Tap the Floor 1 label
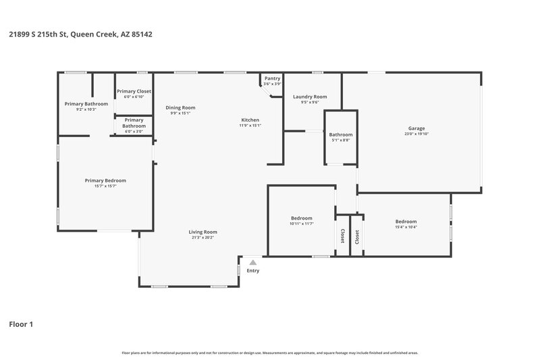pyautogui.click(x=21, y=324)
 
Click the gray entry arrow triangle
pyautogui.click(x=252, y=262)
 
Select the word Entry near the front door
pyautogui.click(x=252, y=271)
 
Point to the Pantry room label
pyautogui.click(x=272, y=78)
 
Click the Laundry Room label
pyautogui.click(x=310, y=97)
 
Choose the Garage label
pyautogui.click(x=416, y=128)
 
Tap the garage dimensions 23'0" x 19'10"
pyautogui.click(x=416, y=134)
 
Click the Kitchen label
pyautogui.click(x=250, y=120)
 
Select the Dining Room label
pyautogui.click(x=180, y=107)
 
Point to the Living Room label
pyautogui.click(x=202, y=232)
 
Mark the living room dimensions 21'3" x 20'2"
pyautogui.click(x=202, y=238)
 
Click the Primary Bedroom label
pyautogui.click(x=105, y=180)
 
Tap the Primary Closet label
pyautogui.click(x=134, y=91)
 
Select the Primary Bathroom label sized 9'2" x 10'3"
pyautogui.click(x=86, y=103)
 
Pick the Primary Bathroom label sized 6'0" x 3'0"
pyautogui.click(x=134, y=123)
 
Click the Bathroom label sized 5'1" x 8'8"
pyautogui.click(x=341, y=134)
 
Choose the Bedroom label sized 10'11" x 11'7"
pyautogui.click(x=302, y=218)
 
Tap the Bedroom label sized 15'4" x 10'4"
pyautogui.click(x=406, y=222)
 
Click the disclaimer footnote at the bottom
pyautogui.click(x=269, y=353)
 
